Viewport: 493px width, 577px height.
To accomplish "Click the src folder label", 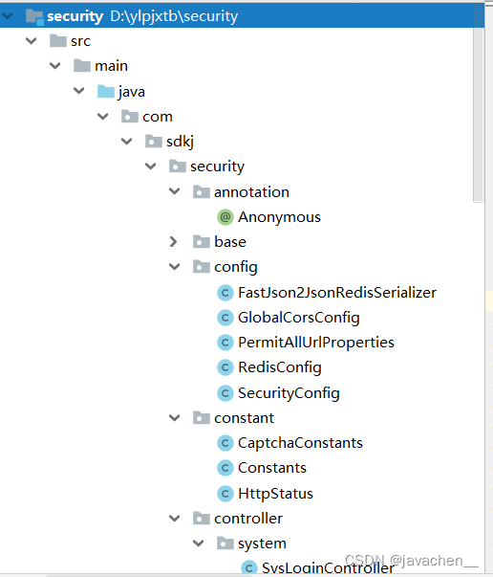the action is [x=80, y=41].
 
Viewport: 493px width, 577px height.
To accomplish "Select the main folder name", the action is [x=112, y=66].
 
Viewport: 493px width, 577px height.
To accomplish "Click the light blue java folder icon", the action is [x=106, y=91].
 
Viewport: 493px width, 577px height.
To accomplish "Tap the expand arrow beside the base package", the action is [x=173, y=242].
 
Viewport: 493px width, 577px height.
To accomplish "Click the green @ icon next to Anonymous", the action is [x=225, y=217].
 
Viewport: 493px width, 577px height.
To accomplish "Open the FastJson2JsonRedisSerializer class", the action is [x=337, y=293].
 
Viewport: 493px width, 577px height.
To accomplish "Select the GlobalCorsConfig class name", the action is [x=299, y=318].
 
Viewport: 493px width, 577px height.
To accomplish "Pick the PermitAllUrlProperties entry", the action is [x=316, y=343].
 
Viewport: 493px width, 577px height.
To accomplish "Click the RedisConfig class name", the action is [x=280, y=367].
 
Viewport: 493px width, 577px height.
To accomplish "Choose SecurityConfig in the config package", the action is [x=289, y=393].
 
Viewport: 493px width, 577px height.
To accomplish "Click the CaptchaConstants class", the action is [x=300, y=443].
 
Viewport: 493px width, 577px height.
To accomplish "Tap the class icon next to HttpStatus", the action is [x=225, y=494].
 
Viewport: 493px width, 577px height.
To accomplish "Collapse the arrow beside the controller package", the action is [x=174, y=519].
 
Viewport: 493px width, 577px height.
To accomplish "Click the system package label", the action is [x=262, y=544].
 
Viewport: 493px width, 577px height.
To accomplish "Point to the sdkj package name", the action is [x=180, y=142].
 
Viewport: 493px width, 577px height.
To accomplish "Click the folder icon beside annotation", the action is [x=202, y=191].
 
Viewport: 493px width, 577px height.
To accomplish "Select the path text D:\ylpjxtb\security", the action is [x=174, y=16].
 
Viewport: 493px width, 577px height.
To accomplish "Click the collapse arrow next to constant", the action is [x=174, y=418].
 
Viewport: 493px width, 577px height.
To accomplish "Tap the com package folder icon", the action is [x=130, y=117].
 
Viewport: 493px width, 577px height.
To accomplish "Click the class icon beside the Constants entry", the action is [x=225, y=468].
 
